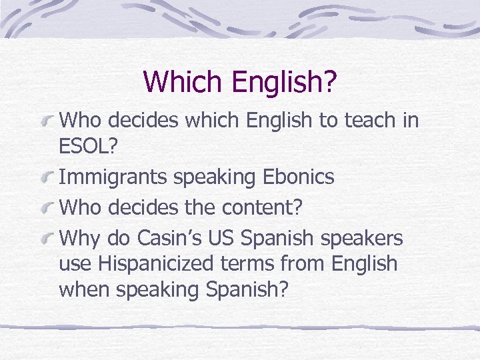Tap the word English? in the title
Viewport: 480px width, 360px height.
(x=284, y=83)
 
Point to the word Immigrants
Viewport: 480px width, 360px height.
(x=113, y=177)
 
